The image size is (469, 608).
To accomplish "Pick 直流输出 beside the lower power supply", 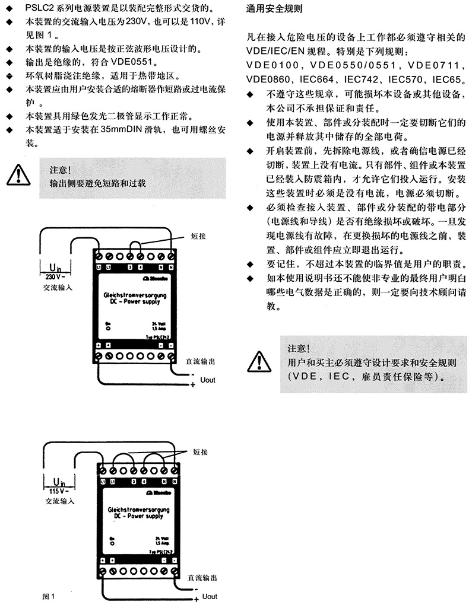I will coord(201,577).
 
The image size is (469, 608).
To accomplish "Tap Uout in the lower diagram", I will coord(210,596).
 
